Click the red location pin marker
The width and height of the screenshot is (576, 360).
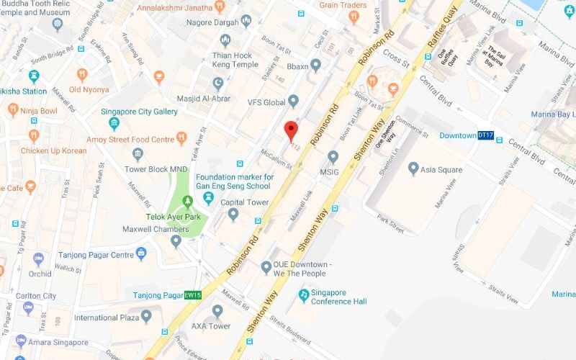click(291, 130)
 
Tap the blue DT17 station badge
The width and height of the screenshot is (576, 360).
click(486, 135)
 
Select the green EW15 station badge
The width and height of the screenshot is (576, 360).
click(192, 295)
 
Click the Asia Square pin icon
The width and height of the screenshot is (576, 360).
click(413, 169)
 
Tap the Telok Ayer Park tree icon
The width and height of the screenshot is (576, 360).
click(187, 200)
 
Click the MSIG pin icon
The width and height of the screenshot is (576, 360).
click(333, 156)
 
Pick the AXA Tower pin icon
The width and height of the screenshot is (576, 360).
click(218, 310)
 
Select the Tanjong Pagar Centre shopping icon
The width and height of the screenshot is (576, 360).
click(141, 253)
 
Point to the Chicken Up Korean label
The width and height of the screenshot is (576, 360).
click(54, 150)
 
